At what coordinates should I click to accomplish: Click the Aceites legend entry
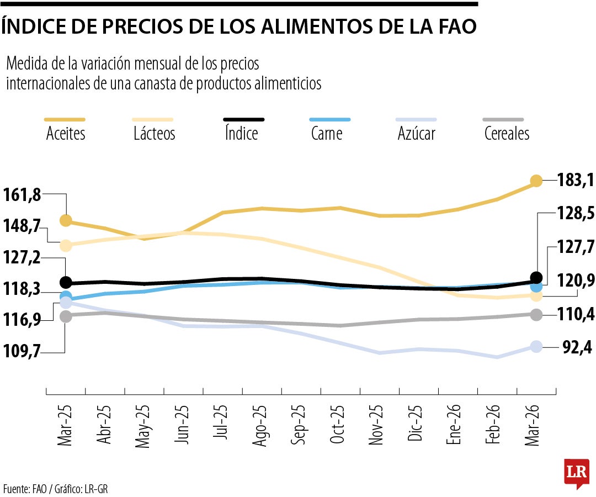click(66, 133)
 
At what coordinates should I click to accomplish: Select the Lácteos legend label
click(154, 133)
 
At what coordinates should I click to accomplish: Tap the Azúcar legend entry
click(416, 133)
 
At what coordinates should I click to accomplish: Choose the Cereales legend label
click(507, 133)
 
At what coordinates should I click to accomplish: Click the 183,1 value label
click(574, 180)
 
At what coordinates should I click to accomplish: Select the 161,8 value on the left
click(22, 194)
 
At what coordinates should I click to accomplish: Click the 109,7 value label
click(22, 351)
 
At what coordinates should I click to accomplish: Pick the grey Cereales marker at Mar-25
click(66, 316)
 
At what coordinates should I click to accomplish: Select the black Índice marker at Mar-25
click(66, 282)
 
